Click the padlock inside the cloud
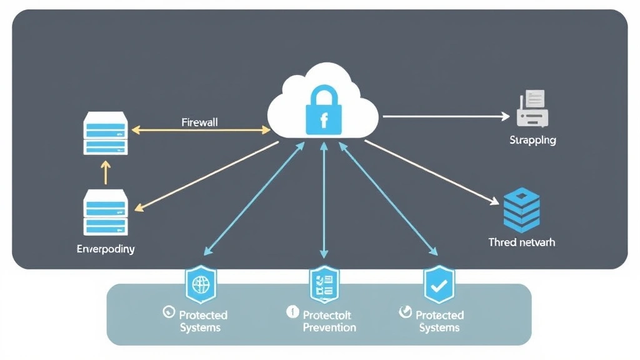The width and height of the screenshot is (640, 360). coord(323,112)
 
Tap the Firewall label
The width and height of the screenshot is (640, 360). coord(199,122)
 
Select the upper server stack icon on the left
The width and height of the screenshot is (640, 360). coord(106,133)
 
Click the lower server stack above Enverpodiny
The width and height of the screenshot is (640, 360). coord(106,212)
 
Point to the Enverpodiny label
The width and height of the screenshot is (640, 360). coord(106,249)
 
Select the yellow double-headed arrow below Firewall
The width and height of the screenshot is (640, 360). coord(200,131)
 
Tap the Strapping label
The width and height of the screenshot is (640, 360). coord(532,140)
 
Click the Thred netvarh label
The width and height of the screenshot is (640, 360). coord(521,242)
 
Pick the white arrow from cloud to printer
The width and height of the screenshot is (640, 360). coord(445,116)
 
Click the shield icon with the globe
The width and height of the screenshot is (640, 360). coord(201,285)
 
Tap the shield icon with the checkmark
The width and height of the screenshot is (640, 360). coord(439,285)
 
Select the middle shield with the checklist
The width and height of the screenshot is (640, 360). coord(324,284)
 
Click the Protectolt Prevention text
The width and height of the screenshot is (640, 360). coord(329,321)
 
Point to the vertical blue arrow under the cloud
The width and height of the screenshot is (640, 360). coord(324,200)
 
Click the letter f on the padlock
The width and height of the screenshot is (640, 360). coord(324,120)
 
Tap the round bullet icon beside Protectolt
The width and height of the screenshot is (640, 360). coord(292,312)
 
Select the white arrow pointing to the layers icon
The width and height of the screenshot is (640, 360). coord(431,171)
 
